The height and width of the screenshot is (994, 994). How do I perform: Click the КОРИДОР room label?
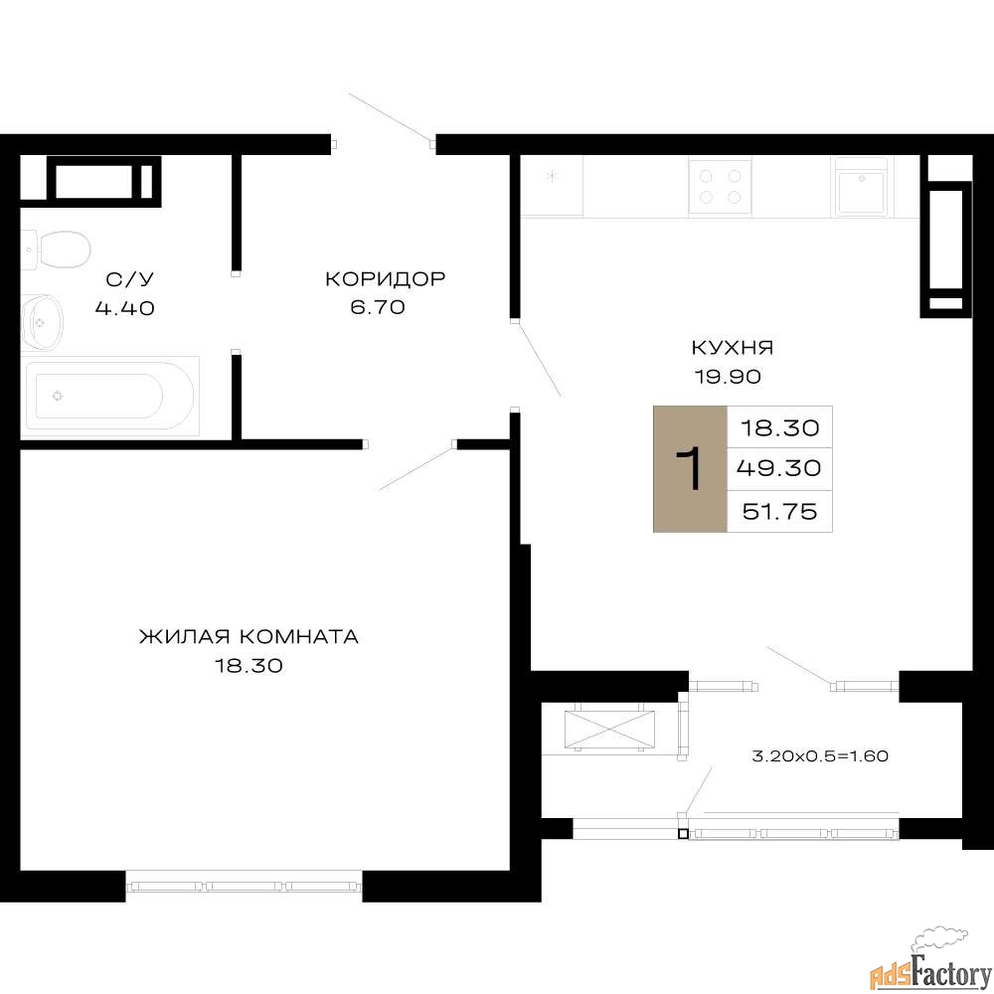[386, 278]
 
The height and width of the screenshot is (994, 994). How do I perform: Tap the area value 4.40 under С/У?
[125, 308]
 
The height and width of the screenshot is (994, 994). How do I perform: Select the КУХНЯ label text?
[733, 347]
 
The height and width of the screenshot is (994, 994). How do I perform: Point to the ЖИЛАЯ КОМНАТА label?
[249, 636]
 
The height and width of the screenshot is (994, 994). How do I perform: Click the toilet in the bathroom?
[56, 249]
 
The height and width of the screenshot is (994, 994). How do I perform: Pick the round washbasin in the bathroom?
[42, 323]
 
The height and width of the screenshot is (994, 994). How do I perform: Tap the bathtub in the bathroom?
[109, 397]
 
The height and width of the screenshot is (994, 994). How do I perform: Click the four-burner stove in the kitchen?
[720, 187]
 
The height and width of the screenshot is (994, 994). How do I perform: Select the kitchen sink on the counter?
[861, 187]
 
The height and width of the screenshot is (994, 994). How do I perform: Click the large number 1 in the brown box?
[689, 468]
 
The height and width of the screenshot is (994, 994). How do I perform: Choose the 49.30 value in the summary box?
[779, 468]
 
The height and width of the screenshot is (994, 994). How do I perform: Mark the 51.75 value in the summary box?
[779, 511]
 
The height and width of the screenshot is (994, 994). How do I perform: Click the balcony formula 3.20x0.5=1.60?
[820, 755]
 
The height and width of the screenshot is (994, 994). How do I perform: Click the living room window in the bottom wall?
[245, 886]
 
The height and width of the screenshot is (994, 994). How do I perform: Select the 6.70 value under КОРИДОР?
[378, 307]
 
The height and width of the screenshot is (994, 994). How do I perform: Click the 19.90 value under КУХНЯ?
[728, 377]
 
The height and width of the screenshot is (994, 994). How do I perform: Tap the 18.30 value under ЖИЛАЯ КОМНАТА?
[248, 666]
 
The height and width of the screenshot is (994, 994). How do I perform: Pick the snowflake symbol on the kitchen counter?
[552, 176]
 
